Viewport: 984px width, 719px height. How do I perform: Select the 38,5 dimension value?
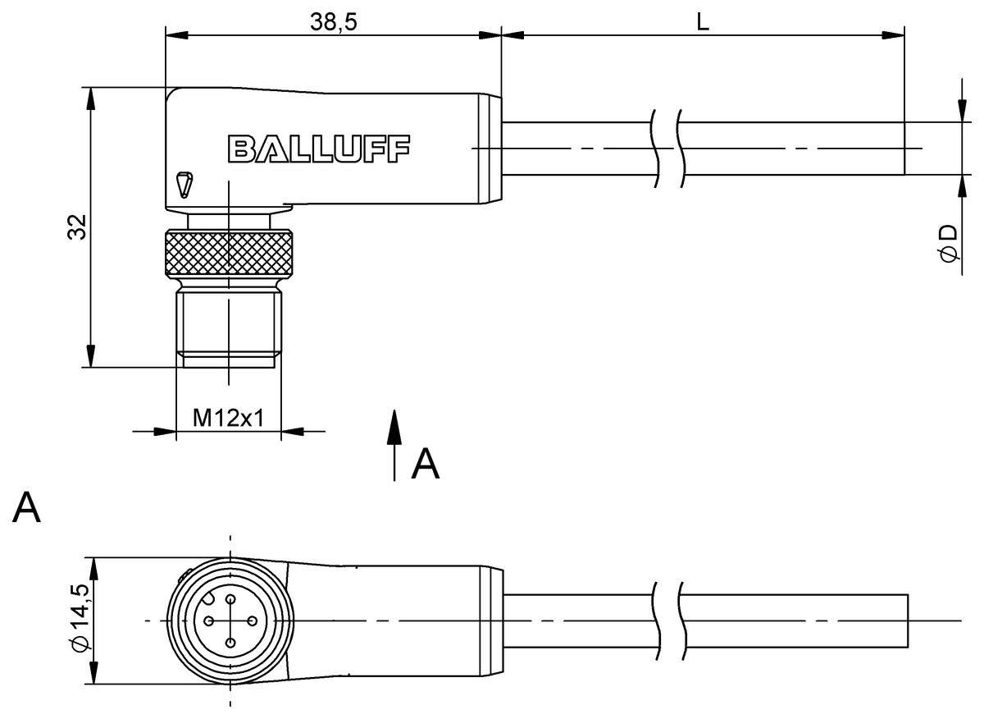pos(333,22)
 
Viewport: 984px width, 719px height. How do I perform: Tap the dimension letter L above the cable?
pos(703,22)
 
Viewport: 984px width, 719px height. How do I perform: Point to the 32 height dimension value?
pos(75,228)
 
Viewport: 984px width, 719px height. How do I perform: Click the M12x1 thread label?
pos(229,418)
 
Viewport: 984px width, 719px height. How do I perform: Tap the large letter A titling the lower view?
pos(27,508)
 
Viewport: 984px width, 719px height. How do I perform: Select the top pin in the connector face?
pos(230,600)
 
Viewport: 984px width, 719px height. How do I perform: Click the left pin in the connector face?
pos(209,621)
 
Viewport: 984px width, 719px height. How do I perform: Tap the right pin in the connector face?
pos(252,621)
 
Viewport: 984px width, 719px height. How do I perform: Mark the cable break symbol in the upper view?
pos(668,149)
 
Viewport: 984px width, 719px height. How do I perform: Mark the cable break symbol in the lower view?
pos(668,621)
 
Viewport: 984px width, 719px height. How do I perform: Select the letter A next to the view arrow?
pos(426,464)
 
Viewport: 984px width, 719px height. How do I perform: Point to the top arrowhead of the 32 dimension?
pos(91,97)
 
